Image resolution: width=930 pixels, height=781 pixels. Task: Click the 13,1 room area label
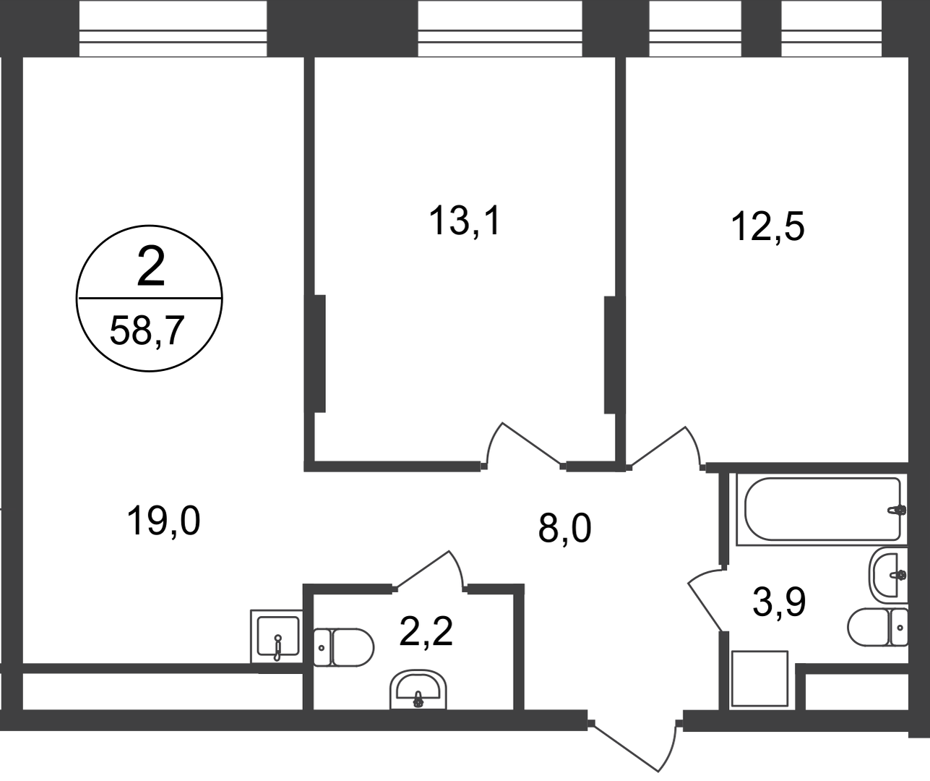pos(465,221)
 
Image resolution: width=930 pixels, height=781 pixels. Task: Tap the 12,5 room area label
pos(768,227)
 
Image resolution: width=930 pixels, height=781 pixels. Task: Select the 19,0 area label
pos(163,521)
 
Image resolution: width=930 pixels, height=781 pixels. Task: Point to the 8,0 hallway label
pos(565,528)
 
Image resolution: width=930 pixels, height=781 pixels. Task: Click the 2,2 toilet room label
pos(426,631)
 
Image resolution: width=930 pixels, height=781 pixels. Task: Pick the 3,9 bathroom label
pos(779,602)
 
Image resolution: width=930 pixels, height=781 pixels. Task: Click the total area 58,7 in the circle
pos(147,330)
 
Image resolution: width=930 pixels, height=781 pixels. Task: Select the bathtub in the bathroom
pos(822,510)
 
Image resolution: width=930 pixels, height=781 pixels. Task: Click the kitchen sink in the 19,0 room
pos(277,636)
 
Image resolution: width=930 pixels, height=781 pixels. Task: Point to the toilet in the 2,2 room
pos(343,647)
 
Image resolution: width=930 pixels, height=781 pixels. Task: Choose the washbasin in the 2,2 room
pos(418,689)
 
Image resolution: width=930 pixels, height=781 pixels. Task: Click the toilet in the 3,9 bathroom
pos(877,627)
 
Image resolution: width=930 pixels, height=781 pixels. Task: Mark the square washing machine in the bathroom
pos(759,679)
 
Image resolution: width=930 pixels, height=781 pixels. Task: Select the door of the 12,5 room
pos(665,448)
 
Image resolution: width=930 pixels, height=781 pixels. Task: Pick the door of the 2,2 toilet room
pos(429,571)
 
